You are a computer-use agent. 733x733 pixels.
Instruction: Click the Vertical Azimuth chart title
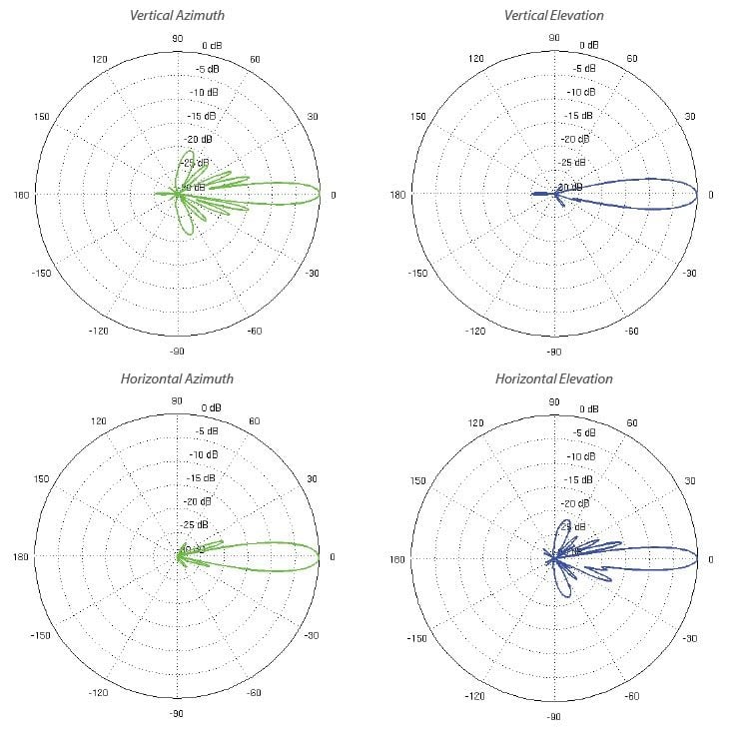[176, 15]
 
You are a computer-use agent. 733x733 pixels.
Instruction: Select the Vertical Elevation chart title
[553, 15]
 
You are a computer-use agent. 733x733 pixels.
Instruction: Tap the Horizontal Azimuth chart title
[176, 378]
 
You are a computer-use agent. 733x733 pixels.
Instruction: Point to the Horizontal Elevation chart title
[553, 378]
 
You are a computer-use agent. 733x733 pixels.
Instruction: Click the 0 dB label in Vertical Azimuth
[212, 46]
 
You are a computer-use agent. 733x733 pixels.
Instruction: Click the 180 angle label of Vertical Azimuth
[22, 195]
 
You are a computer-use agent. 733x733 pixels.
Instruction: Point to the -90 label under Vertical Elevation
[553, 353]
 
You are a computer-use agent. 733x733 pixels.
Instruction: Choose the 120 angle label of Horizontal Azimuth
[99, 422]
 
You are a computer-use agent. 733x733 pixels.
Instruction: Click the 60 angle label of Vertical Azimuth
[255, 60]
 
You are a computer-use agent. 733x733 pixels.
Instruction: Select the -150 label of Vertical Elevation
[419, 273]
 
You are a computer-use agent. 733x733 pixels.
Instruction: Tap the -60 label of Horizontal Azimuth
[255, 693]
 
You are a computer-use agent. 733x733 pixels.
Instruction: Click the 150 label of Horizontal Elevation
[419, 480]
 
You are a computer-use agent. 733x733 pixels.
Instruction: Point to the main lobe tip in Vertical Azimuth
[320, 195]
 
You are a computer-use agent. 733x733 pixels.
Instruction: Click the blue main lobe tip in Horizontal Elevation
[697, 558]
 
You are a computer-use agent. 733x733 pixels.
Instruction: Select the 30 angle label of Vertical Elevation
[690, 117]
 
